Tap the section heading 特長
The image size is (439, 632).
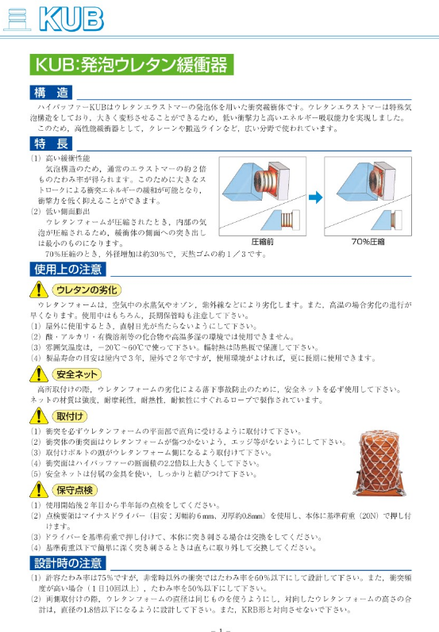coord(50,144)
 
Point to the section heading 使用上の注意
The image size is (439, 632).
coord(67,269)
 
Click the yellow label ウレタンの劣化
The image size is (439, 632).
coord(87,289)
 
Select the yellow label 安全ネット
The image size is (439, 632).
coord(77,373)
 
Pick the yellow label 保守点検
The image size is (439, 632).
coord(77,490)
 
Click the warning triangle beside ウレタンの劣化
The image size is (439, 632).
coord(40,289)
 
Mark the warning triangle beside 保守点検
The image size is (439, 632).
coord(40,490)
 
